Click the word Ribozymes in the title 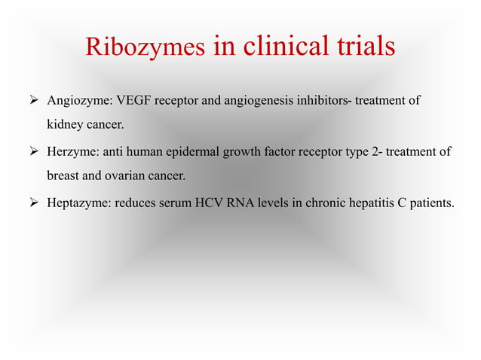144,47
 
